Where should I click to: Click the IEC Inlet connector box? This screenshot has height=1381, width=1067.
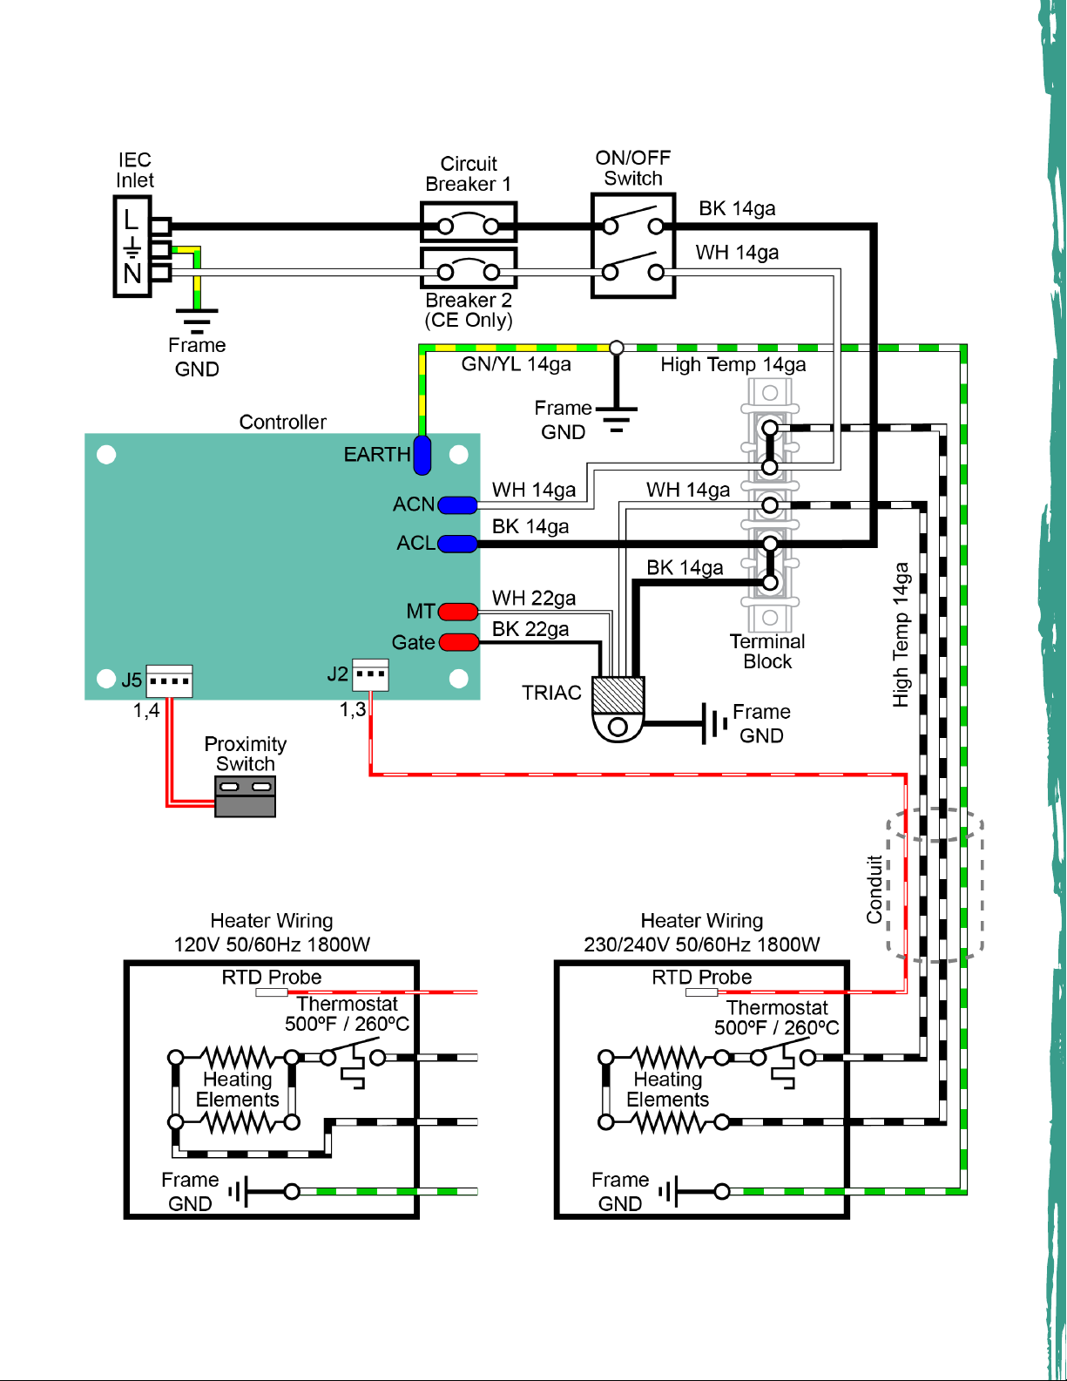point(132,247)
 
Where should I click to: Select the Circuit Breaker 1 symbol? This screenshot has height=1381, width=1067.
point(469,222)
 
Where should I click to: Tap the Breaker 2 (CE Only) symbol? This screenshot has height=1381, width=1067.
point(469,269)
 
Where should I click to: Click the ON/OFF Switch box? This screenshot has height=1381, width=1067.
point(633,246)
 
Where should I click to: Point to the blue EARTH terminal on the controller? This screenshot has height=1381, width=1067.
point(422,455)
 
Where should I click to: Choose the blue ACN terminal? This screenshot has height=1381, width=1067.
point(457,505)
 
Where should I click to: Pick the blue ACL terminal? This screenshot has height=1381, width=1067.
point(457,544)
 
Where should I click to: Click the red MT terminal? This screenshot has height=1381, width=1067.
point(458,612)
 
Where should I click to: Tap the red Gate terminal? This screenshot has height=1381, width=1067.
point(458,642)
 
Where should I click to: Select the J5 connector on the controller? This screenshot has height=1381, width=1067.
point(170,681)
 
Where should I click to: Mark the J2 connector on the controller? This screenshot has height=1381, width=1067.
point(371,675)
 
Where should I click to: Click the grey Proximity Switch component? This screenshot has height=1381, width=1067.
point(245,796)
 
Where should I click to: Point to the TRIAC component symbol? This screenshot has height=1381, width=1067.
point(618,708)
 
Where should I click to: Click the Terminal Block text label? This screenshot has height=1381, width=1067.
point(767,652)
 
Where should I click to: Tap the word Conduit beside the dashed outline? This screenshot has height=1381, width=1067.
point(875,890)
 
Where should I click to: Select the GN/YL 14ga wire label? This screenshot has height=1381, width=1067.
point(516,364)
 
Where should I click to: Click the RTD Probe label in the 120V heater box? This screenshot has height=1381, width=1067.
point(272,977)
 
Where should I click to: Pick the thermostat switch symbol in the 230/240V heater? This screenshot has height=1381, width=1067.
point(782,1063)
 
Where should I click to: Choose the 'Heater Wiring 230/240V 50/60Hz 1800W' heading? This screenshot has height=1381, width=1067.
point(702,932)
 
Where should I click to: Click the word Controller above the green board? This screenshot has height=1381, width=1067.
point(282,422)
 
